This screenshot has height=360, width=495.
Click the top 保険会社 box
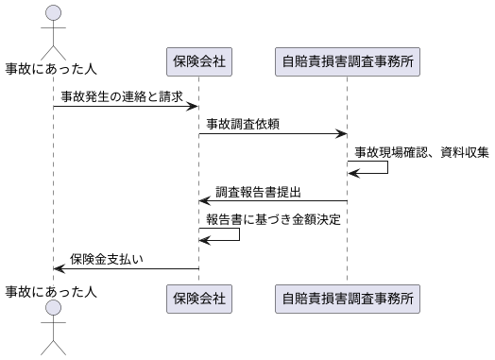(x=198, y=62)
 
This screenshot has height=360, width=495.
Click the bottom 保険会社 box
(x=198, y=299)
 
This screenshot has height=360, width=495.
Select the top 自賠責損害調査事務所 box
(x=347, y=62)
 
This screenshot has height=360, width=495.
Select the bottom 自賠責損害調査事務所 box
(x=347, y=299)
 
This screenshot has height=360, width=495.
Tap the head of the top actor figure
(x=54, y=12)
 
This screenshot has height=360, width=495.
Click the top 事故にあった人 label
(x=52, y=68)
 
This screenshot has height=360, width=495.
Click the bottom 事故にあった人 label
(x=52, y=291)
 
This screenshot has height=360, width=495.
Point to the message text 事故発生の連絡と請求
(x=122, y=96)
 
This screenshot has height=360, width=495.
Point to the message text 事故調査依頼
(x=243, y=124)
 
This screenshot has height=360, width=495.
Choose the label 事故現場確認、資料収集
(x=421, y=151)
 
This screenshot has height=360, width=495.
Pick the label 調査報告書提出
(x=258, y=192)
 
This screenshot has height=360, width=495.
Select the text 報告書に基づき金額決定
(x=273, y=219)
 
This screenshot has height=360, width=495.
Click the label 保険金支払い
(x=106, y=259)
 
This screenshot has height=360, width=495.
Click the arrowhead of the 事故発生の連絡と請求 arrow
(x=192, y=107)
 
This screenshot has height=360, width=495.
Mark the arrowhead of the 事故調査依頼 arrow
(x=340, y=134)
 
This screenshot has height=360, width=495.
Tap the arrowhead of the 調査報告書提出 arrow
(x=204, y=200)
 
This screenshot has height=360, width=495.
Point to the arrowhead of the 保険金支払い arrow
(x=60, y=268)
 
